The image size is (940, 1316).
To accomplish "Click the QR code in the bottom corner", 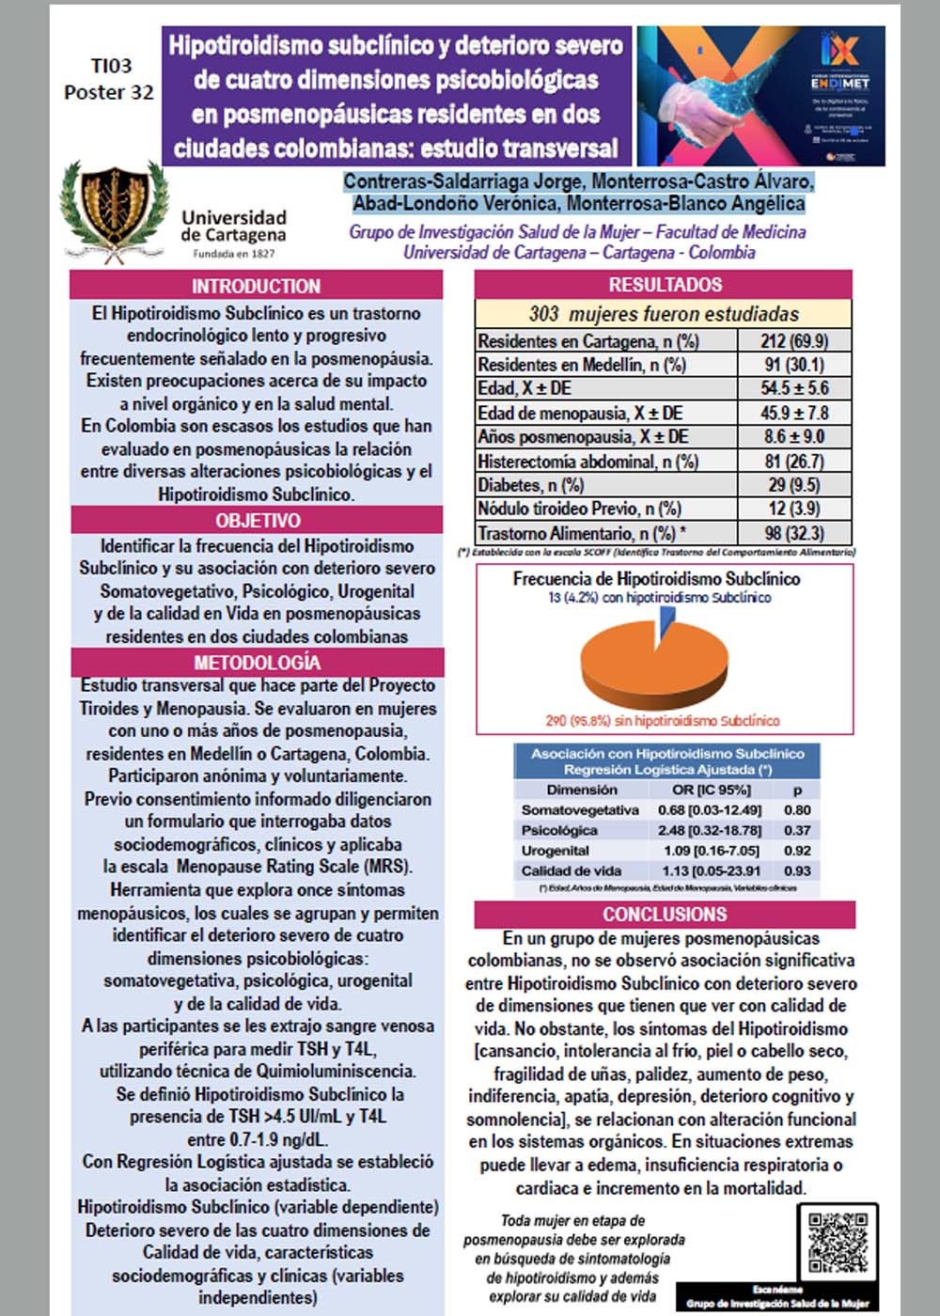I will coord(838,1242).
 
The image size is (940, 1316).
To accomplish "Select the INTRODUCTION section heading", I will coord(256,286).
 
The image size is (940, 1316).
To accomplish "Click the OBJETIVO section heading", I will coord(258,521).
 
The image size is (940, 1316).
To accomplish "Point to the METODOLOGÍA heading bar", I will coord(258,663).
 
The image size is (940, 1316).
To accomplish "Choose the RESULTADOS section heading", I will coord(665,285).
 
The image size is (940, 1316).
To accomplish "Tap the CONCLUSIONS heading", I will coord(665,915).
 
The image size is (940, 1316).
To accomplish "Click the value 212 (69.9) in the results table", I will coord(794,341).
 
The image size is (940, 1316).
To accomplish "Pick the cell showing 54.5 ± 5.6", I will coord(794,388).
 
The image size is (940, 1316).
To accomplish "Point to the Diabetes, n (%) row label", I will coord(531,485).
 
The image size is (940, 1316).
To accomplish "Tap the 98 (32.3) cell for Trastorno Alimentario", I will coord(794,533).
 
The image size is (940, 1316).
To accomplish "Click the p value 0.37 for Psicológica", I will coord(797,830).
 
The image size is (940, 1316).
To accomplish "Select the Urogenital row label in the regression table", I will coord(555,851).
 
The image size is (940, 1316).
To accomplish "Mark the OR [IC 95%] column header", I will coord(711,790).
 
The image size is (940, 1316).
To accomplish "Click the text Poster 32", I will coord(109,92).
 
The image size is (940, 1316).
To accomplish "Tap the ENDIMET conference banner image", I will coord(761,96).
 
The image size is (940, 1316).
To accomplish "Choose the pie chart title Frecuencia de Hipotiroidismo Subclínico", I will coord(656,579).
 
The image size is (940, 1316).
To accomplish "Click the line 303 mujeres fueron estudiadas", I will coord(664,314).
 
